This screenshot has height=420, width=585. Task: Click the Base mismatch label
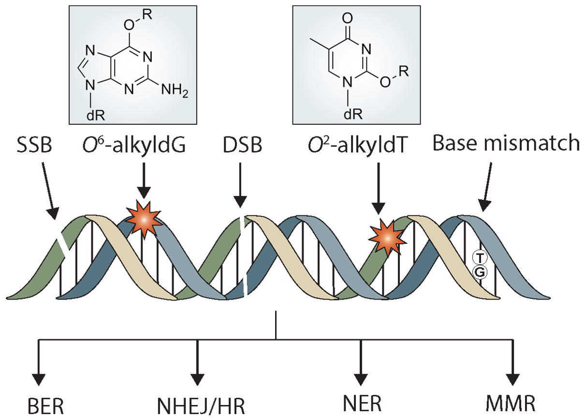tap(506, 143)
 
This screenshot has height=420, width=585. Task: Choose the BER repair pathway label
tap(46, 406)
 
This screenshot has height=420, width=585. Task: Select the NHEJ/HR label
tap(201, 406)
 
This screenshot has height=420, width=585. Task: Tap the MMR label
tap(511, 405)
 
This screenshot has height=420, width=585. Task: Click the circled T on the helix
tap(480, 258)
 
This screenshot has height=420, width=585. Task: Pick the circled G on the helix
tap(480, 272)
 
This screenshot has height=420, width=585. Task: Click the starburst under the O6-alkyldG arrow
tap(144, 220)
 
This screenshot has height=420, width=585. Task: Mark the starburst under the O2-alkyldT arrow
tap(388, 239)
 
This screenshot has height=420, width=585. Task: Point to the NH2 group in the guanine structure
tap(175, 90)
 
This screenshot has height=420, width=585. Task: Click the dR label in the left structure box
tap(96, 115)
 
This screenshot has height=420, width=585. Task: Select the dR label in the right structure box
tap(353, 114)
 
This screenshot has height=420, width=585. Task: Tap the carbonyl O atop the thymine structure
tap(347, 18)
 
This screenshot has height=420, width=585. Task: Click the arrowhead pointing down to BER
tap(39, 379)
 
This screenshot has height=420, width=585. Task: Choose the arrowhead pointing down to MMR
tap(513, 379)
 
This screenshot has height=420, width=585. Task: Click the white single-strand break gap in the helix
tap(63, 243)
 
